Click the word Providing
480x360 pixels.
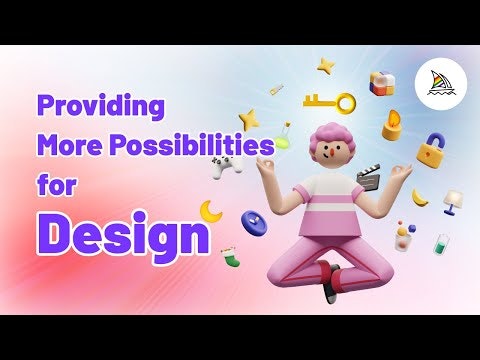[101, 107]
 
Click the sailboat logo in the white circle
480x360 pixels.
[441, 84]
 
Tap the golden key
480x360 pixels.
[330, 102]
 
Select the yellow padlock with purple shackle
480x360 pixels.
[431, 150]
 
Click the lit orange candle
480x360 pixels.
[392, 125]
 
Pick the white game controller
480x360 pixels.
[228, 166]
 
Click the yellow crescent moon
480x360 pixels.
[210, 211]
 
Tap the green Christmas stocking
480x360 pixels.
[231, 257]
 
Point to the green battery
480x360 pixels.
[441, 245]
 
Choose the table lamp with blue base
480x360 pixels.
[453, 202]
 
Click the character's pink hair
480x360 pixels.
[326, 137]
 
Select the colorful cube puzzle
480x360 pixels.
[382, 83]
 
